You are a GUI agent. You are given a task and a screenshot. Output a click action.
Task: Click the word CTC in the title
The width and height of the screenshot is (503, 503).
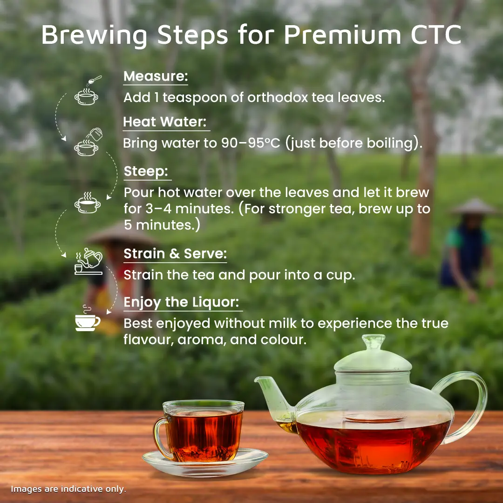tap(436, 34)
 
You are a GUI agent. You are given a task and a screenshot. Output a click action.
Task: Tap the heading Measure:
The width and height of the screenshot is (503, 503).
tap(156, 76)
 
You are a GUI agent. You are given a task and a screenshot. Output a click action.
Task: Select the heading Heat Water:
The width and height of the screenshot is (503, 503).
tap(165, 122)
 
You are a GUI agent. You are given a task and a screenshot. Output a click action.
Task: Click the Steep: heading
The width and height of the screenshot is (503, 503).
tap(146, 171)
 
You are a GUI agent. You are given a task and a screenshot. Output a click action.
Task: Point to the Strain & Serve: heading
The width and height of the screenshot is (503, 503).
tap(175, 253)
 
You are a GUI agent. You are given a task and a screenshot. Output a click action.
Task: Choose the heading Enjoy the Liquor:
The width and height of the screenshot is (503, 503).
tap(181, 302)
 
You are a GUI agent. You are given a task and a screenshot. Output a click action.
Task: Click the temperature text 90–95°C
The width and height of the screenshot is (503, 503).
tap(251, 143)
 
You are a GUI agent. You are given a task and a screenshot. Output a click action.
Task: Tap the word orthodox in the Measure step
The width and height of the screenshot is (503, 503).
tap(278, 97)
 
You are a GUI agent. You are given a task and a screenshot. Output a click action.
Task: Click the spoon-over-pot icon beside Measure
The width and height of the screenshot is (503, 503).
tap(87, 90)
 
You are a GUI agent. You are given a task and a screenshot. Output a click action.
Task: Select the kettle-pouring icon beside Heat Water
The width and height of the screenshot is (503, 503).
tap(88, 142)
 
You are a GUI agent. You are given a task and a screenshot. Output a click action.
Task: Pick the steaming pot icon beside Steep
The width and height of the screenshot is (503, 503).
tap(87, 203)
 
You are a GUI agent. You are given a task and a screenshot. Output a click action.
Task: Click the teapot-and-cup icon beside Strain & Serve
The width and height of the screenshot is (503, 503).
tap(88, 261)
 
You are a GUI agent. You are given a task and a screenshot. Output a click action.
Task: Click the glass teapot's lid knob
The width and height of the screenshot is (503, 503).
tap(374, 342)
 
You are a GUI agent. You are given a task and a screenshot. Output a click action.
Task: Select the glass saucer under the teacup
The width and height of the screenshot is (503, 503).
tap(205, 463)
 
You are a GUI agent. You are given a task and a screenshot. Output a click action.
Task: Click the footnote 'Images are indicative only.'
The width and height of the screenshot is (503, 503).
tap(68, 489)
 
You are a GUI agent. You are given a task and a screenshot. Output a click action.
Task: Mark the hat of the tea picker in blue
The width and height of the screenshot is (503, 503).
tap(474, 207)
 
